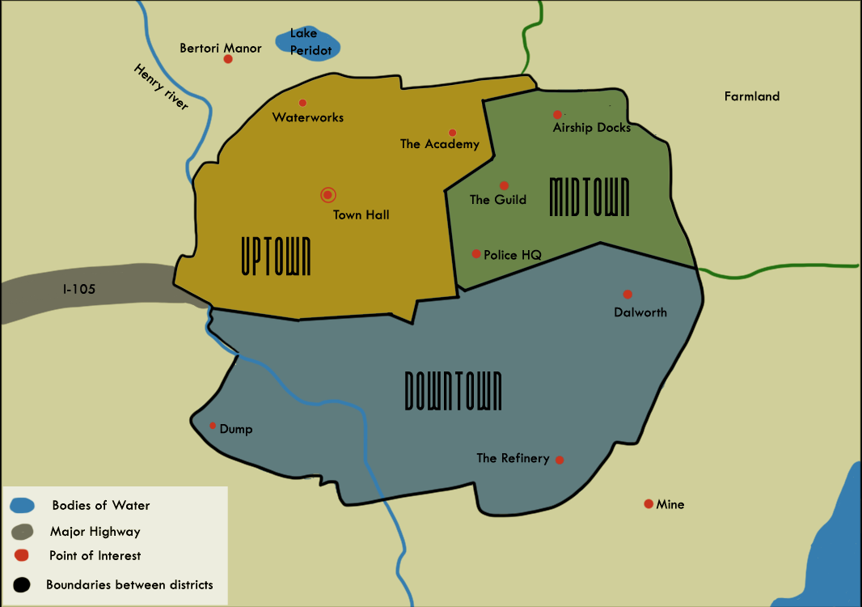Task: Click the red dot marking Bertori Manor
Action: (x=228, y=59)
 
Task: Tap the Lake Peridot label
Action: (x=311, y=42)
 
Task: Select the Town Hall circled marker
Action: (x=327, y=195)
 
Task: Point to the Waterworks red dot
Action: (x=302, y=103)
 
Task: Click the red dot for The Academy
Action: (x=452, y=133)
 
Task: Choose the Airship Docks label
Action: (x=591, y=128)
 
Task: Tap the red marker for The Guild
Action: (x=504, y=186)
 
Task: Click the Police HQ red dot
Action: (x=476, y=254)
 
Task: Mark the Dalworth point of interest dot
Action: (x=627, y=295)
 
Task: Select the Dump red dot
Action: (x=213, y=426)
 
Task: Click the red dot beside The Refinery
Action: (x=560, y=461)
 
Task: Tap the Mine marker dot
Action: (x=649, y=504)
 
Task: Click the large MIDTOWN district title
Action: (x=589, y=197)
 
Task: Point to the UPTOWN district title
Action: (x=276, y=257)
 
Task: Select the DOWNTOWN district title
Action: (x=453, y=391)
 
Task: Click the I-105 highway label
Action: (x=79, y=288)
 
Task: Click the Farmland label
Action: (x=751, y=96)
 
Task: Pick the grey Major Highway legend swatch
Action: (x=23, y=532)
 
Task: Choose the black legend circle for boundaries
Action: (x=22, y=584)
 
